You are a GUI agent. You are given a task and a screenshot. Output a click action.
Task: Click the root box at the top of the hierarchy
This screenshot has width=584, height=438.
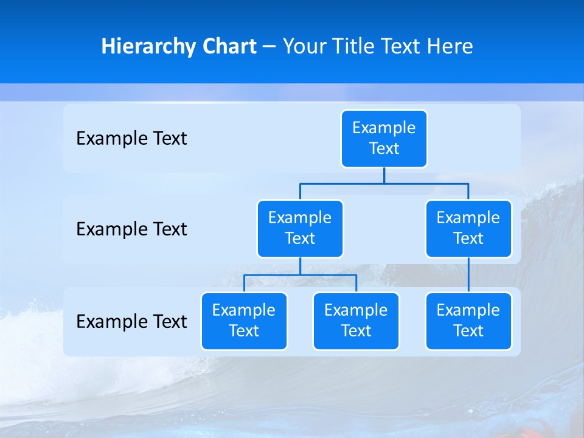pyautogui.click(x=384, y=138)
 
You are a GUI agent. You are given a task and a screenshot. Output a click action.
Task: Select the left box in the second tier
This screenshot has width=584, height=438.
pyautogui.click(x=300, y=228)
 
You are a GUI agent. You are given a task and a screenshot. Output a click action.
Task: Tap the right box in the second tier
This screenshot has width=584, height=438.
pyautogui.click(x=468, y=228)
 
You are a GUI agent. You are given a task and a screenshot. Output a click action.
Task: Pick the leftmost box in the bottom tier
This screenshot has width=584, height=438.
pyautogui.click(x=244, y=321)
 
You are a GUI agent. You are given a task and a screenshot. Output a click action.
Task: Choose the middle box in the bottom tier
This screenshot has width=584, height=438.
pyautogui.click(x=356, y=321)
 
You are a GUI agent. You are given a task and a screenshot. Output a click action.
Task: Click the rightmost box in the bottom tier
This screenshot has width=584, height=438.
pyautogui.click(x=468, y=321)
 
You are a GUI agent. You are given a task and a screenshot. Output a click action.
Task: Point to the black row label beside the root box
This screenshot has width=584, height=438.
pyautogui.click(x=131, y=139)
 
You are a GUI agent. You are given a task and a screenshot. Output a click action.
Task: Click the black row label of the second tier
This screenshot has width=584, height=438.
pyautogui.click(x=131, y=229)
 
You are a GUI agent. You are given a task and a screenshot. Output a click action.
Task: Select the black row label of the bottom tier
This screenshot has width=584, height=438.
pyautogui.click(x=131, y=321)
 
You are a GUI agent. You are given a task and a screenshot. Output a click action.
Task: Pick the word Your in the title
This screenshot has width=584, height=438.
pyautogui.click(x=302, y=46)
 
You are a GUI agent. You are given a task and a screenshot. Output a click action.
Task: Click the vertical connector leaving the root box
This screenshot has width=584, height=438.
pyautogui.click(x=384, y=175)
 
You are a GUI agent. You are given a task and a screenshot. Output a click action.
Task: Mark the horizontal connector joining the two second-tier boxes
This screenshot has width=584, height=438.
pyautogui.click(x=384, y=183)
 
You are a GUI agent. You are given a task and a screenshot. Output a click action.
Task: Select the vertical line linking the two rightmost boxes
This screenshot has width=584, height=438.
pyautogui.click(x=468, y=275)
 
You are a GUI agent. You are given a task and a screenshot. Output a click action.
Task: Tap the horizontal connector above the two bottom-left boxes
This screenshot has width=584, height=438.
pyautogui.click(x=300, y=275)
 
